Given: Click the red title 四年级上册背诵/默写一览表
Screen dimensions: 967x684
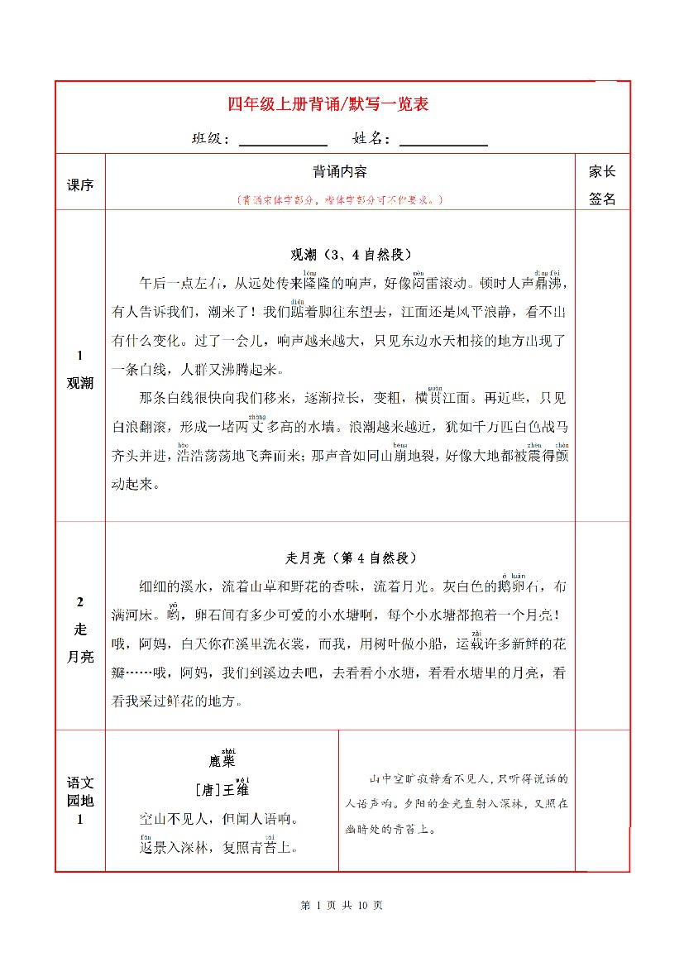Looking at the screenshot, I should pos(328,105).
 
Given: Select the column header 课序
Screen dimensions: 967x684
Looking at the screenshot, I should pos(80,184).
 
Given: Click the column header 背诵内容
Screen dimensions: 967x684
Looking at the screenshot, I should pos(340,172).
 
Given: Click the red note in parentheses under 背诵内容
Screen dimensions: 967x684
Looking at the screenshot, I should pos(340,200).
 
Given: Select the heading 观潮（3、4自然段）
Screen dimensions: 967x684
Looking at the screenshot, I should pos(340,254).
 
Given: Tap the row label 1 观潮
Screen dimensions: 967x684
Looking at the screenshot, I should pos(80,369).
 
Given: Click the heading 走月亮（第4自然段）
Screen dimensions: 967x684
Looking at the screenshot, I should pos(340,558).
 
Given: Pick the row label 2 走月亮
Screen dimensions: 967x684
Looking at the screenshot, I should pos(80,629).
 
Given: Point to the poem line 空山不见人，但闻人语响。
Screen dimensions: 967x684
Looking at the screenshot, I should pos(219,820).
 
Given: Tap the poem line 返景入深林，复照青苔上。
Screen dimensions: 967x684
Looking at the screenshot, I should pos(219,848).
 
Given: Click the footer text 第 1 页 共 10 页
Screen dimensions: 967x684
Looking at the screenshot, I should pos(342,905).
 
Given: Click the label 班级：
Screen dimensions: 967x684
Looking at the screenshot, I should pos(211,139).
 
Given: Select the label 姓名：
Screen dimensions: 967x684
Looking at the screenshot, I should pos(371,139).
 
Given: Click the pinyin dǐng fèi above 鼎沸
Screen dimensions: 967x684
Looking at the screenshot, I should pos(548,271).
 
